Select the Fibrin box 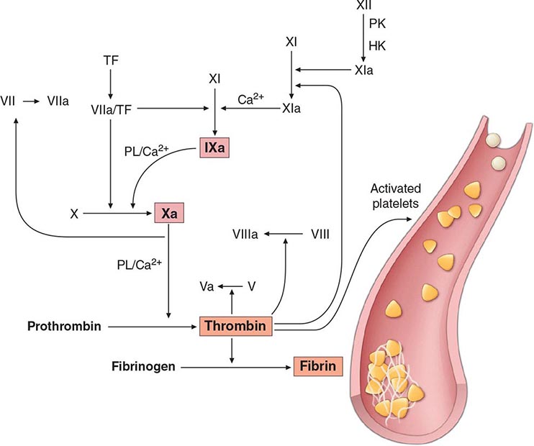pyautogui.click(x=316, y=367)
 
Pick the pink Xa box pyautogui.click(x=171, y=214)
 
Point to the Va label pyautogui.click(x=207, y=286)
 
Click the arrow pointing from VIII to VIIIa pyautogui.click(x=284, y=234)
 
